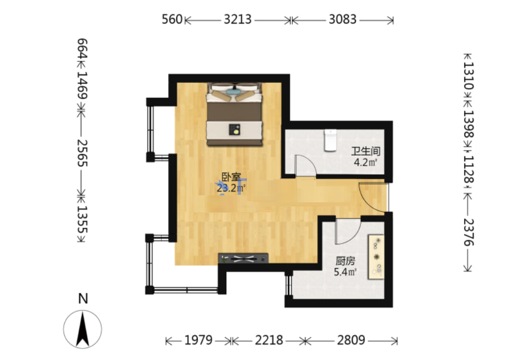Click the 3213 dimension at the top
coord(237,19)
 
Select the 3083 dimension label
coord(342,19)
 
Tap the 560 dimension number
coord(172,19)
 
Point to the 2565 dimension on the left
coord(82,153)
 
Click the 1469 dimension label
coord(82,85)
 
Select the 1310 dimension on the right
coord(469,76)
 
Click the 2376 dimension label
coord(469,232)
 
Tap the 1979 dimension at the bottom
coord(198,340)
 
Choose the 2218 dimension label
coord(269,340)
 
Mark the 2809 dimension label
coord(351,340)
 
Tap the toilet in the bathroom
coord(330,140)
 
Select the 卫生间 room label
coord(366,151)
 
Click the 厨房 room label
coord(345,261)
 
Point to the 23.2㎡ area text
coord(231,188)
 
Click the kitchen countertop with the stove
coord(376,257)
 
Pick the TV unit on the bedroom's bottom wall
coord(243,258)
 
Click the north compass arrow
coord(83,329)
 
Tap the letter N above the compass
coord(83,299)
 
